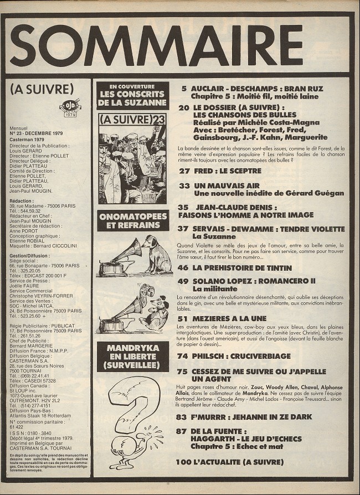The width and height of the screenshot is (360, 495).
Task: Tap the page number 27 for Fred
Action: click(184, 171)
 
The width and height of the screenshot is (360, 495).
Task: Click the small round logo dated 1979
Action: click(70, 110)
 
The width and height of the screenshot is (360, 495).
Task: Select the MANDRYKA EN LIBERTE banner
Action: click(132, 357)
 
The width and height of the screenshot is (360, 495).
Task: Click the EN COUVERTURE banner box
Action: click(132, 95)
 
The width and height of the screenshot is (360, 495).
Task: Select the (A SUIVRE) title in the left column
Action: click(42, 89)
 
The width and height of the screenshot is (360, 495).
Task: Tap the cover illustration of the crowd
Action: click(132, 163)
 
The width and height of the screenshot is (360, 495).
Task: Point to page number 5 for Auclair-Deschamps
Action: click(183, 88)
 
